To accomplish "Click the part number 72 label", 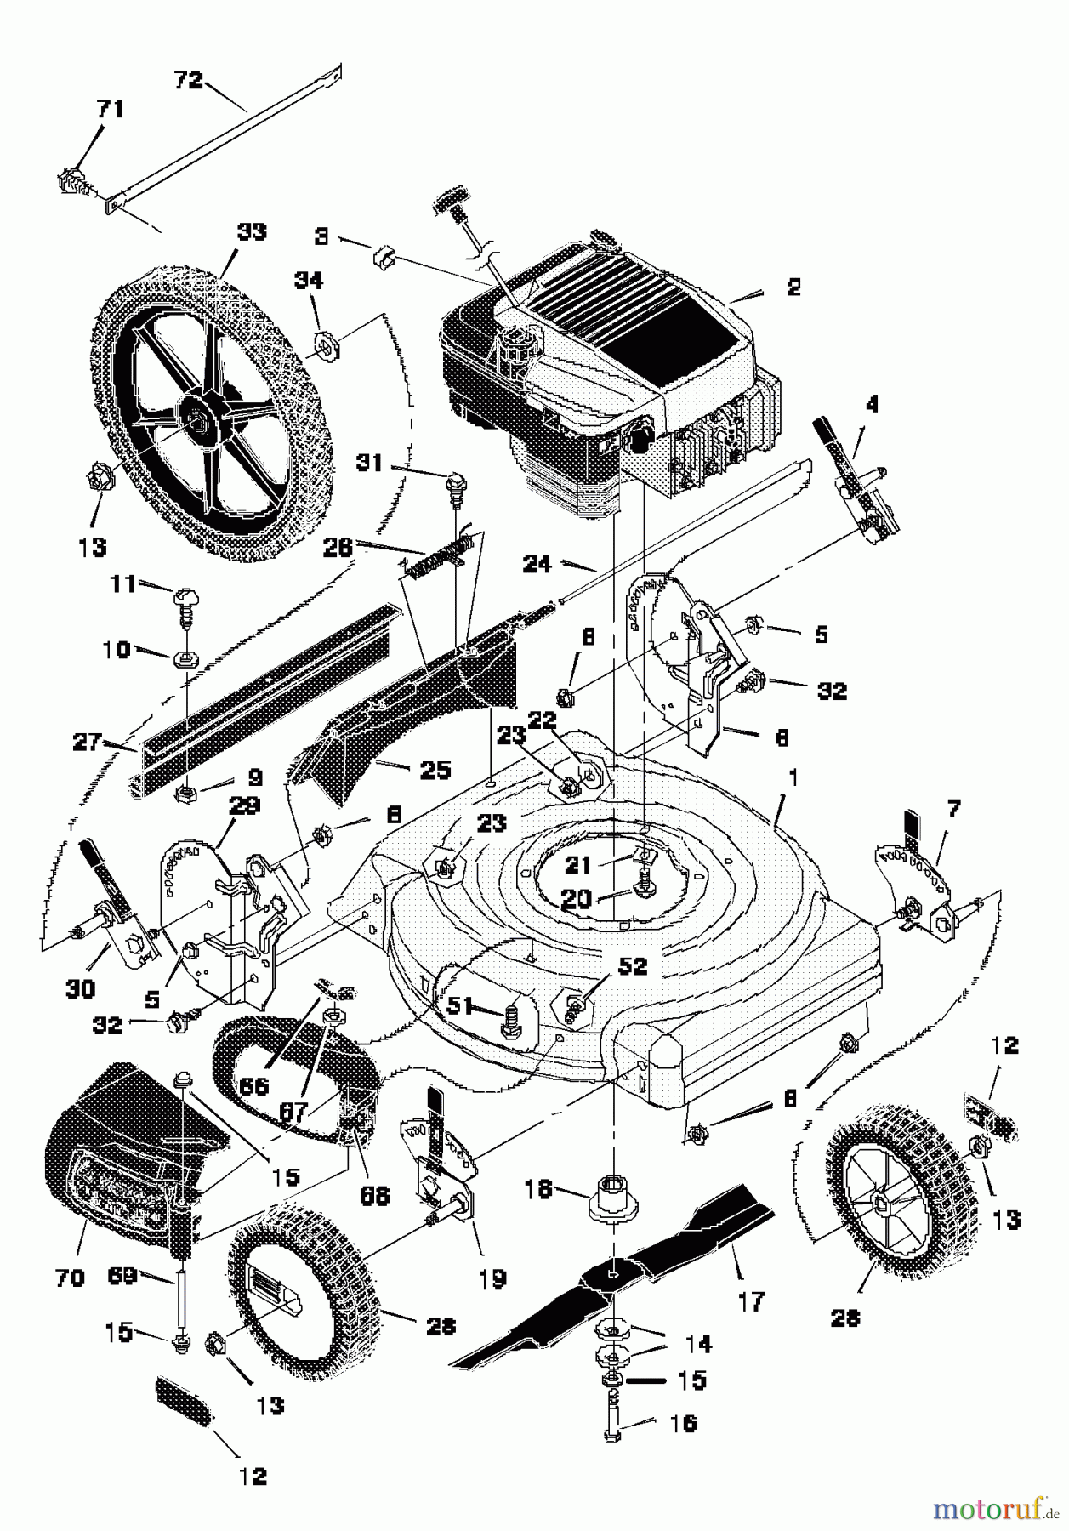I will [x=188, y=80].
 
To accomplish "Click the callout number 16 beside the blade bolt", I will [x=683, y=1422].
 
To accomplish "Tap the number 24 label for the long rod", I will [x=537, y=563].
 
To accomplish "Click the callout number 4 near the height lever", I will [x=870, y=405].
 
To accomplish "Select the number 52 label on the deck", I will [x=633, y=966].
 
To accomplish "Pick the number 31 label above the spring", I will [x=369, y=463].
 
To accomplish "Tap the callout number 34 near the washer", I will [x=308, y=279].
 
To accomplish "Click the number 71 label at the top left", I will [x=110, y=109].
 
